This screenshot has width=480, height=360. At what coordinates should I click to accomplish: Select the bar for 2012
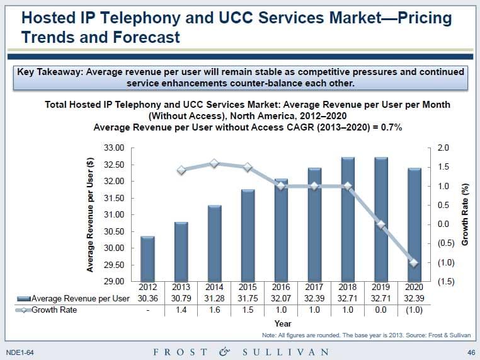click(147, 258)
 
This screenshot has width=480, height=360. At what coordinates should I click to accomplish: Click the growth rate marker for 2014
click(214, 163)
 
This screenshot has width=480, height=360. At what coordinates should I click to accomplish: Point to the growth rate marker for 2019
click(380, 224)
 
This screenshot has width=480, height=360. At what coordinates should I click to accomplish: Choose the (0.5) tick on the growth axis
click(443, 243)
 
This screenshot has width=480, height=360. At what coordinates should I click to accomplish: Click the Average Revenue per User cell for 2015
click(248, 298)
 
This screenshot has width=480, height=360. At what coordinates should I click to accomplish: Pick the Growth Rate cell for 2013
click(181, 310)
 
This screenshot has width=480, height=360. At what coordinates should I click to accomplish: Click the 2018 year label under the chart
click(347, 287)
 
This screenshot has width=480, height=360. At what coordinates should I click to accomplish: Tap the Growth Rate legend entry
click(54, 310)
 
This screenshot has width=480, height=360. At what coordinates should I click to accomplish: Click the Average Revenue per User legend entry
click(79, 298)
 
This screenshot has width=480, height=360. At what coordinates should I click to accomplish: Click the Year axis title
click(283, 323)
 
